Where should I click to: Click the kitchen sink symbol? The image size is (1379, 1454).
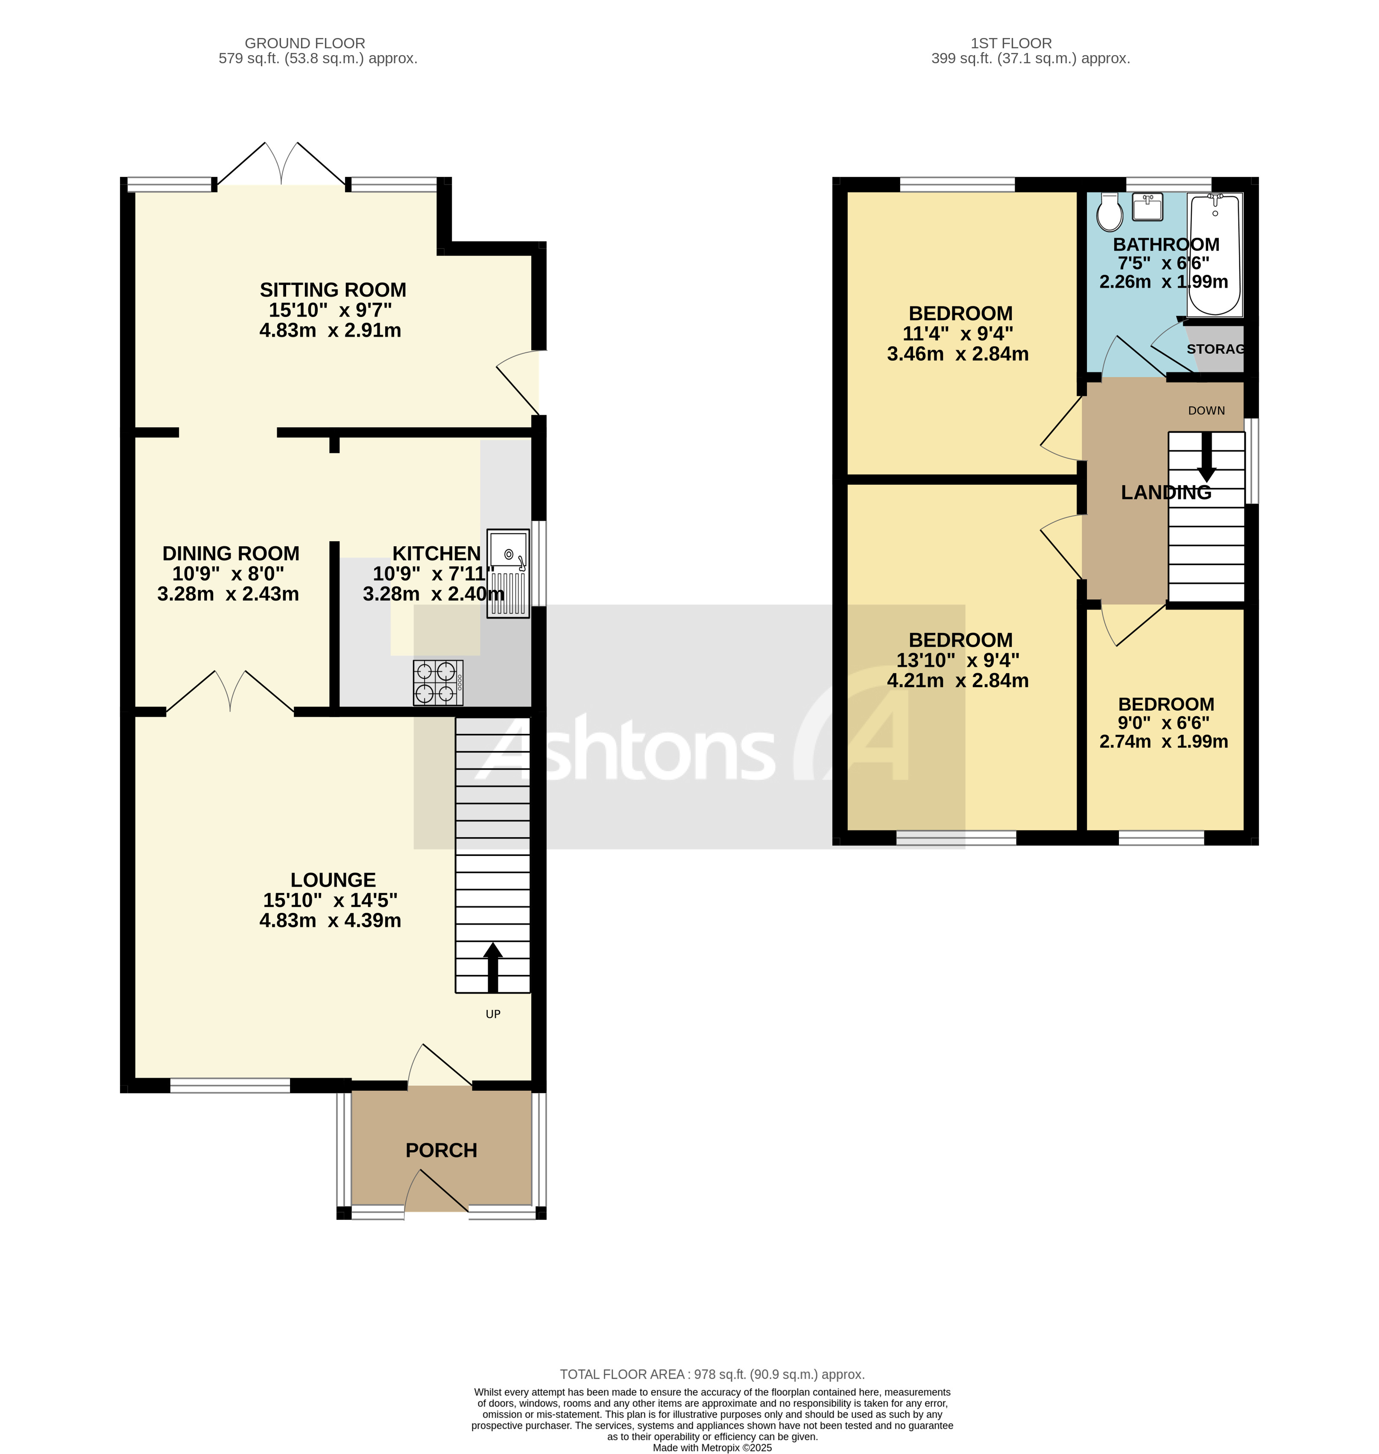[507, 573]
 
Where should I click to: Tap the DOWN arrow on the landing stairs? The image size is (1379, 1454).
[1206, 456]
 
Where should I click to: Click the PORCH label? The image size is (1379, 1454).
[441, 1150]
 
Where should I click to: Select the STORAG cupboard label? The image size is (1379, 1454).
[1215, 349]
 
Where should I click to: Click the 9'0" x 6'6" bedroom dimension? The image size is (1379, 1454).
[1164, 723]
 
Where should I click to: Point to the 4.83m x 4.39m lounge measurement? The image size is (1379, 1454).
[330, 920]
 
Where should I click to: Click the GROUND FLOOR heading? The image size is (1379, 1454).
[304, 44]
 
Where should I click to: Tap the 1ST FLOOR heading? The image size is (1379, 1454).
[1011, 44]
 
